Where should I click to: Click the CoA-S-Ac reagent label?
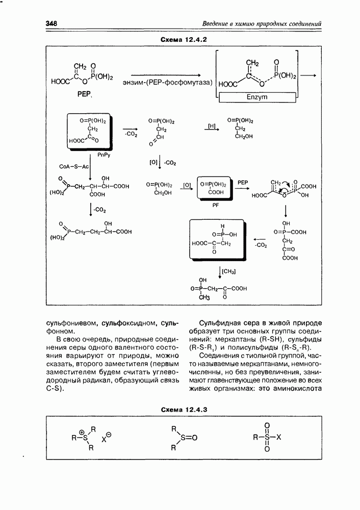pos(74,167)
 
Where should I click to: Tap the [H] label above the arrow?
pos(213,125)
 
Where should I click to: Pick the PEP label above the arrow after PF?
pos(243,182)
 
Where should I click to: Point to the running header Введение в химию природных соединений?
pos(262,23)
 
